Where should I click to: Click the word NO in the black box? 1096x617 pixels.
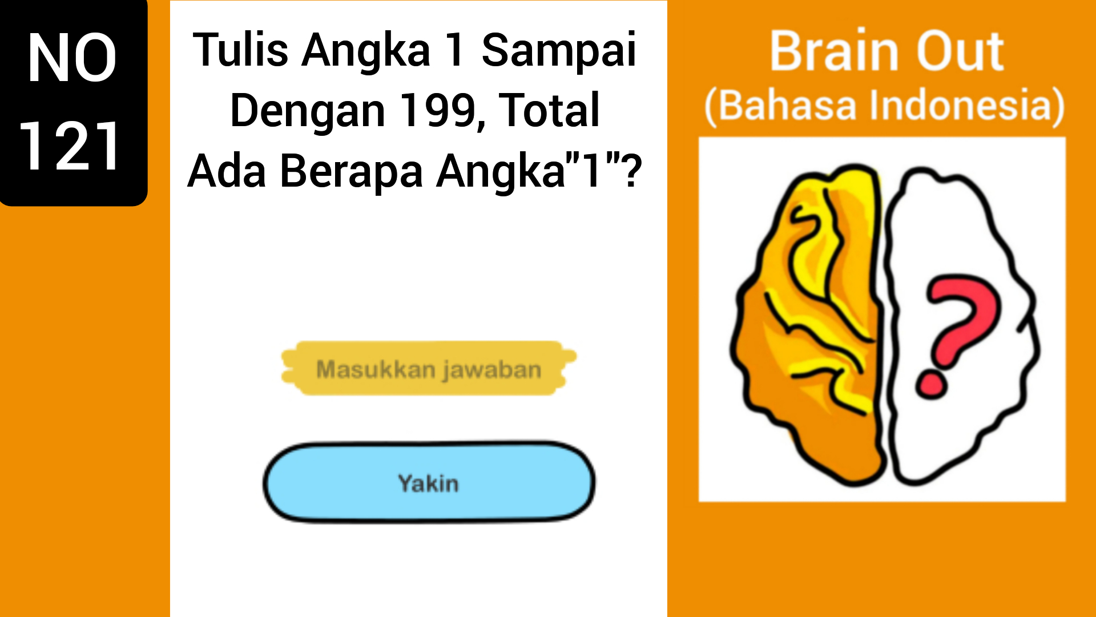(72, 58)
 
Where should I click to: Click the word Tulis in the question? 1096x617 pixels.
(240, 50)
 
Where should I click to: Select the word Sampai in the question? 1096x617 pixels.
(558, 50)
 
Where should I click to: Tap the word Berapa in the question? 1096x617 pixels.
(352, 171)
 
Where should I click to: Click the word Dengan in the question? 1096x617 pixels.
(307, 111)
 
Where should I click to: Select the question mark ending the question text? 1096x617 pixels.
(632, 171)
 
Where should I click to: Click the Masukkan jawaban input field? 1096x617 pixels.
(428, 369)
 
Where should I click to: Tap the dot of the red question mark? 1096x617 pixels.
(931, 384)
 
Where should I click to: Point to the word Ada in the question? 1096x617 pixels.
(227, 171)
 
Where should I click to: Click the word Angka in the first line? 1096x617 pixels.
(366, 50)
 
